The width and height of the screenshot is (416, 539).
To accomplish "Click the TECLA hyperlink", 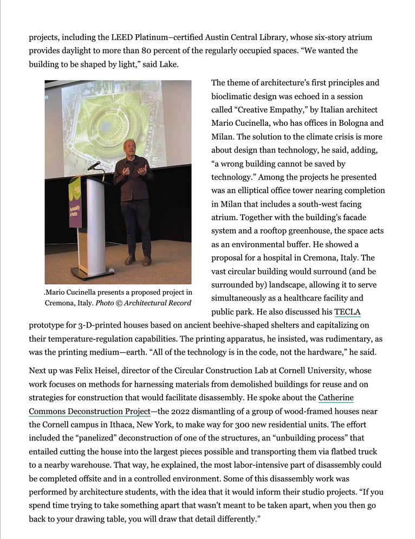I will coord(347,312).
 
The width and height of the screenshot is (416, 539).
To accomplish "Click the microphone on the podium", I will coord(94,165).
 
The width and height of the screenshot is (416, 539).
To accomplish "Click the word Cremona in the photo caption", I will coord(60,303).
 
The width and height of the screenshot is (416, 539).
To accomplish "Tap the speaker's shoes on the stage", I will coord(138,261).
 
